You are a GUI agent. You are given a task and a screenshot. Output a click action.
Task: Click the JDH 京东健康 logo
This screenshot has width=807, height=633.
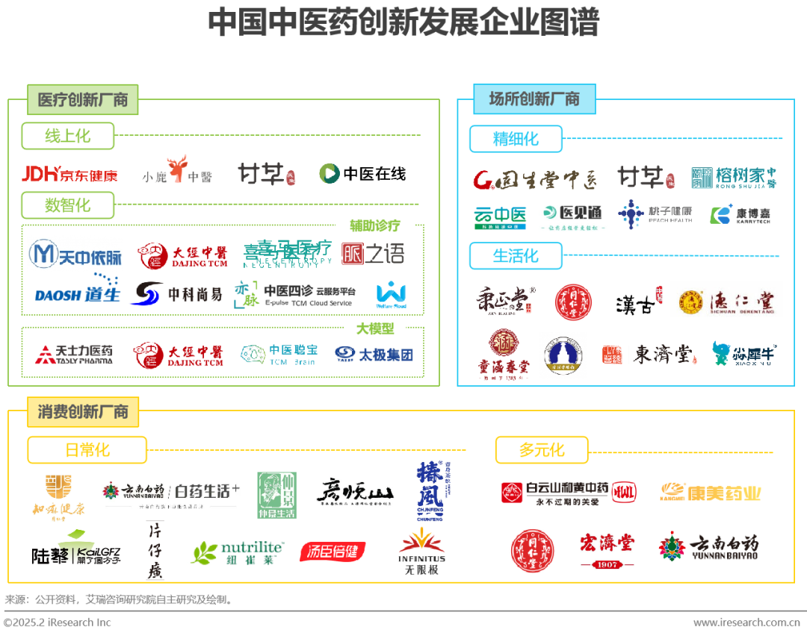pos(69,175)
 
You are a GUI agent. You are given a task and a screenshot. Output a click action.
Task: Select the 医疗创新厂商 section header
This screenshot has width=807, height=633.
pos(83,99)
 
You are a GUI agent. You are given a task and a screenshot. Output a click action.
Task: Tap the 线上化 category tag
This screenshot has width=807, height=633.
pos(68,136)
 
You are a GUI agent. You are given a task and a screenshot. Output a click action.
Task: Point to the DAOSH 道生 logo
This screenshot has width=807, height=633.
pos(78,293)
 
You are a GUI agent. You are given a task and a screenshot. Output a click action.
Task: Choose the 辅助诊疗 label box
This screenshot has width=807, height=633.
pos(375,225)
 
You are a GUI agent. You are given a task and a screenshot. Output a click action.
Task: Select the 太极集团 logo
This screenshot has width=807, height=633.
pos(376,354)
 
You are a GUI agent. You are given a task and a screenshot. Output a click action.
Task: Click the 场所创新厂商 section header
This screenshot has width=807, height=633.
pos(534,99)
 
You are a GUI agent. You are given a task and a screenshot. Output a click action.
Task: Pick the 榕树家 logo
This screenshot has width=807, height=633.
pos(729,177)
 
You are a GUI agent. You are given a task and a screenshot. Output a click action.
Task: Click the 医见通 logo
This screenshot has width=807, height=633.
pos(574,217)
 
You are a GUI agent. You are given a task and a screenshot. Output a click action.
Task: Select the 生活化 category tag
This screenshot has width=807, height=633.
pos(516,256)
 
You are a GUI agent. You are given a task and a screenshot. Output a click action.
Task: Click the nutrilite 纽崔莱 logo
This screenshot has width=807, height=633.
pos(237,553)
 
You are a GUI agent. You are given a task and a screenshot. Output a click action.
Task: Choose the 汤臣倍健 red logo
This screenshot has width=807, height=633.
pos(333,552)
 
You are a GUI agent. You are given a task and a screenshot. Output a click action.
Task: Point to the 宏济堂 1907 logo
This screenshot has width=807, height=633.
pos(607,550)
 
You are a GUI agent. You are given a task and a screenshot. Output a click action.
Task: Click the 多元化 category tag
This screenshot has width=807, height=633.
pos(542,450)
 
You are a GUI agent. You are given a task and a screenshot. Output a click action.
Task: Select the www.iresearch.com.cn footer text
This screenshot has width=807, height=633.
pos(746,623)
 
